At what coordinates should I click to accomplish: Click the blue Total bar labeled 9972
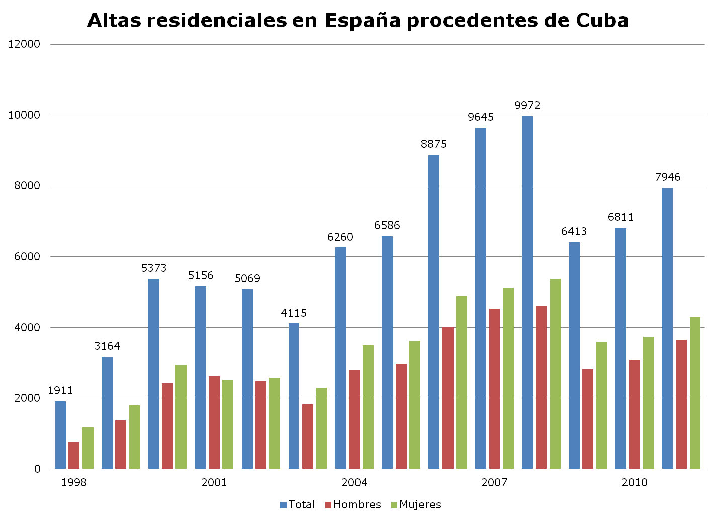click(x=527, y=292)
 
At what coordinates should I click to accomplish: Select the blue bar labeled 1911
click(x=60, y=435)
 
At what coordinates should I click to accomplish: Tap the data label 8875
click(x=434, y=144)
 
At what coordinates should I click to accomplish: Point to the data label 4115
click(x=294, y=313)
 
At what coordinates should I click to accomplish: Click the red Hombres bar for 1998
click(x=74, y=456)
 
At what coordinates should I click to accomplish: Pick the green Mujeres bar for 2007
click(x=508, y=378)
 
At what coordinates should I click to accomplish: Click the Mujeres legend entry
click(x=415, y=505)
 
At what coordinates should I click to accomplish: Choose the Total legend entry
click(x=297, y=505)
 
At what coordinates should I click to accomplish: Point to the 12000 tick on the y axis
click(x=24, y=44)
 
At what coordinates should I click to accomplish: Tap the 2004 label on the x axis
click(x=354, y=483)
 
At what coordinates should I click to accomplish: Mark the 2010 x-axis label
click(x=635, y=483)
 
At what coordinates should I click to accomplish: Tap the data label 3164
click(x=107, y=346)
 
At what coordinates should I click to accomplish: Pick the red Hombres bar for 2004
click(x=354, y=419)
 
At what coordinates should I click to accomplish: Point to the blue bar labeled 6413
click(x=574, y=355)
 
